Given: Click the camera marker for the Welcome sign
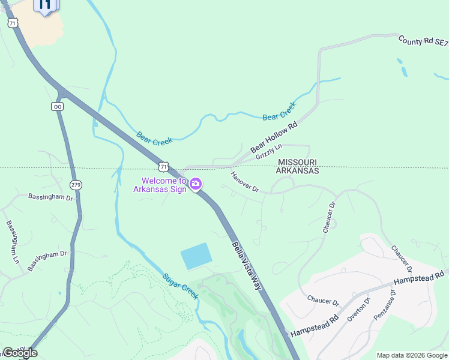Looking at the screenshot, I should [x=195, y=184].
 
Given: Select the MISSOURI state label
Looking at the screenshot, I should [x=297, y=162].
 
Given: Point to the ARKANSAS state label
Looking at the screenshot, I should [x=297, y=171].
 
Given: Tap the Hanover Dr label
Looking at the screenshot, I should [x=244, y=182].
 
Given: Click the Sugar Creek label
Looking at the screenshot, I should [x=180, y=287].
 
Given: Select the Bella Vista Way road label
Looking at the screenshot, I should [x=247, y=265].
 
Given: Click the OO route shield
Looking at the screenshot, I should [x=58, y=106].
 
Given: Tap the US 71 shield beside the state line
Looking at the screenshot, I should [x=163, y=166].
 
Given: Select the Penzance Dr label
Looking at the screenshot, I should [x=385, y=305].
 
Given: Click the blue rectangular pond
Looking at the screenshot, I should [x=196, y=256].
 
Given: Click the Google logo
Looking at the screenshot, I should [x=20, y=353].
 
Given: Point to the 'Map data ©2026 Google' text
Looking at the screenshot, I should [x=412, y=355].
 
